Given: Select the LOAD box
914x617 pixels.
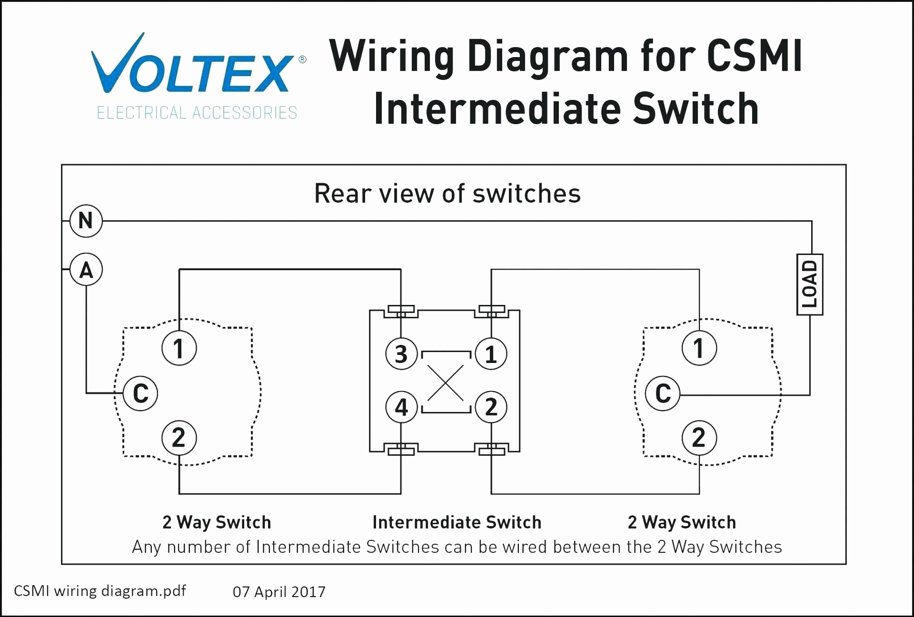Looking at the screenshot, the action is tap(810, 284).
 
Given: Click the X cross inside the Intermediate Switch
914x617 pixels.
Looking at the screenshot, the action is tap(446, 382).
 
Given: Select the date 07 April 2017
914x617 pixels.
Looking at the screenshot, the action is tap(279, 592).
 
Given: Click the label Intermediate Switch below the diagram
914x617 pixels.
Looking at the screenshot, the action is tap(457, 522).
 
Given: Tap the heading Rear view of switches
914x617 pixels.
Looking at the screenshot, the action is tap(447, 194).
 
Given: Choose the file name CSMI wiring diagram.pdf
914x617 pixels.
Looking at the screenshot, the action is tap(100, 591).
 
